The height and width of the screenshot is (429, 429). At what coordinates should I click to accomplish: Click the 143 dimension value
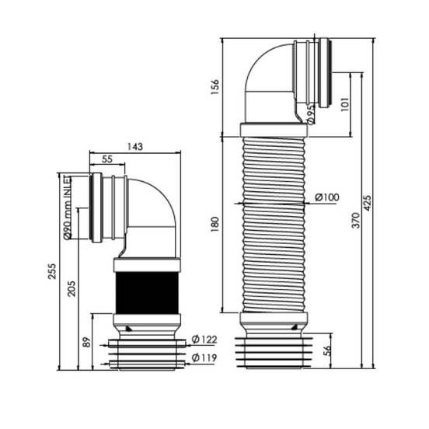pyautogui.click(x=135, y=147)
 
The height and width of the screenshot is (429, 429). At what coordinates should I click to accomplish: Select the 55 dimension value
pyautogui.click(x=107, y=159)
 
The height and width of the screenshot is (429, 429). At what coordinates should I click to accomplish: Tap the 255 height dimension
pyautogui.click(x=52, y=271)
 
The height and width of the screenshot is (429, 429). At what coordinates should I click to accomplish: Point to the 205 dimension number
pyautogui.click(x=71, y=288)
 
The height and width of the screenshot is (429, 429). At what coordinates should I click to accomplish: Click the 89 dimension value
pyautogui.click(x=87, y=342)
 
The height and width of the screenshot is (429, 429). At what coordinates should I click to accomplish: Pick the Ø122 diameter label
pyautogui.click(x=204, y=340)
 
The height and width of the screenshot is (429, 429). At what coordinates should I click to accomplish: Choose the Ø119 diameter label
pyautogui.click(x=204, y=357)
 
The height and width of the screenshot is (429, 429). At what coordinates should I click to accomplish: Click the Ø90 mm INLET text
pyautogui.click(x=67, y=208)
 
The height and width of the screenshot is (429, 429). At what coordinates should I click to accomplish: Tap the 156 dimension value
pyautogui.click(x=215, y=87)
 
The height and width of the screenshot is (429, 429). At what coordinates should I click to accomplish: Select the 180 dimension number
pyautogui.click(x=215, y=224)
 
